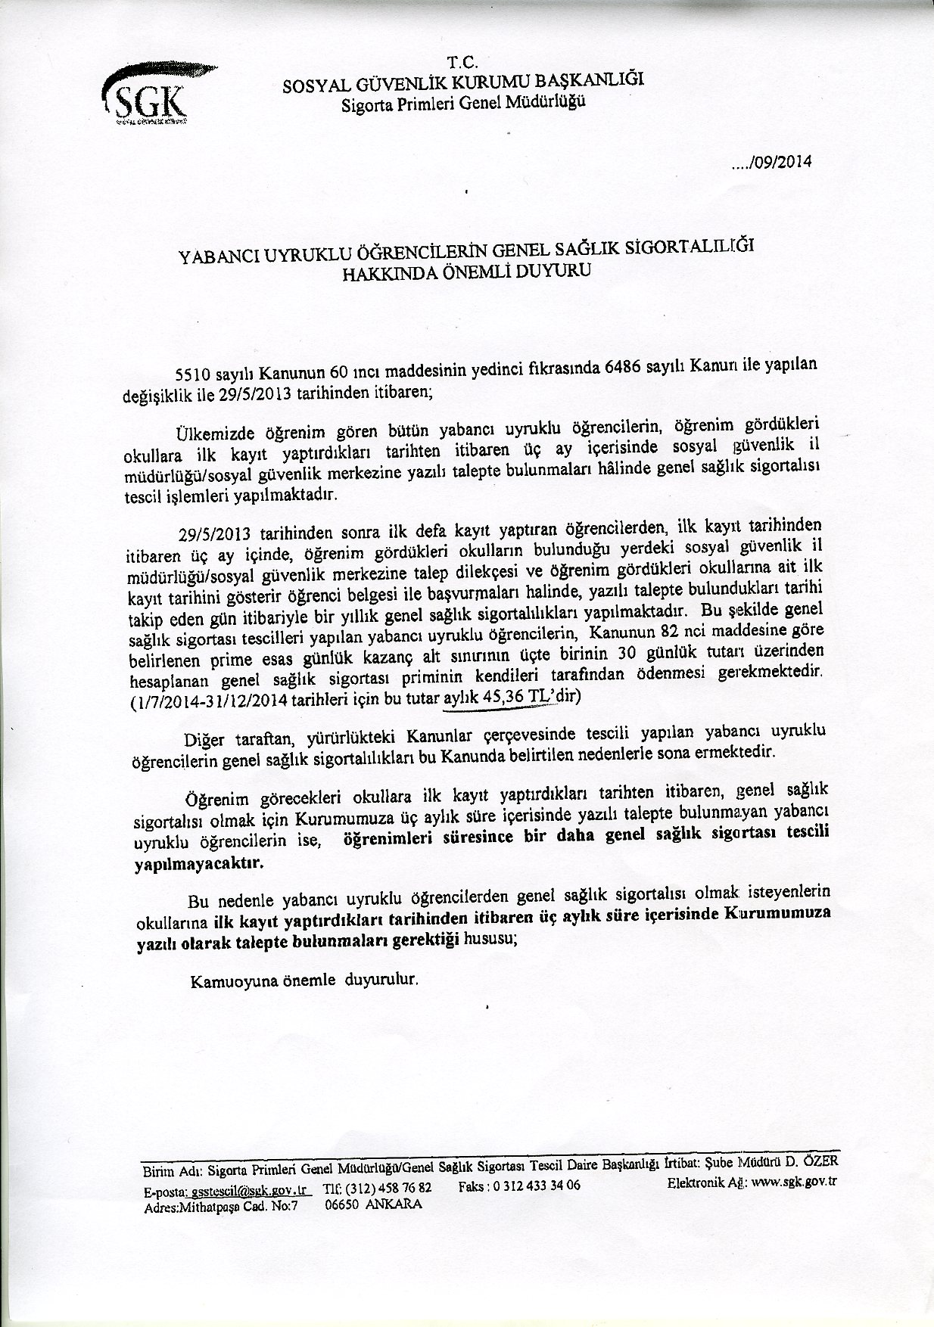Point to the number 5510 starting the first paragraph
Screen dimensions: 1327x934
click(191, 374)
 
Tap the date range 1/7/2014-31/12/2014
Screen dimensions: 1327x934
click(206, 701)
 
